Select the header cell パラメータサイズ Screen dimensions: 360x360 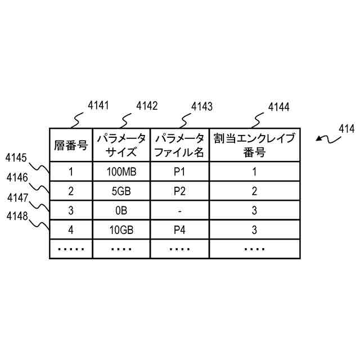point(121,145)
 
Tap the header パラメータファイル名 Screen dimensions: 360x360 point(179,145)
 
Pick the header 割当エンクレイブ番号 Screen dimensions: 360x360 point(254,145)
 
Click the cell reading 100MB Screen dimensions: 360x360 point(121,172)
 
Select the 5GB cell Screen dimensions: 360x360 point(121,191)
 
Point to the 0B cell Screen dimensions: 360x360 point(121,210)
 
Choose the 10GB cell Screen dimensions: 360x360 point(121,229)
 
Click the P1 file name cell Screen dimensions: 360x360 point(179,172)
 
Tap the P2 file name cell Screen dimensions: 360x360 point(179,191)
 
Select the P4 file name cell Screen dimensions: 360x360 point(179,229)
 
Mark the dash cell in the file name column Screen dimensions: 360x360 point(179,210)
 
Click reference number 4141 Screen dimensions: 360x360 point(98,105)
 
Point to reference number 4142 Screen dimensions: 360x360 point(147,106)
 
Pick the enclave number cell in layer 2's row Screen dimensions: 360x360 point(254,191)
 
